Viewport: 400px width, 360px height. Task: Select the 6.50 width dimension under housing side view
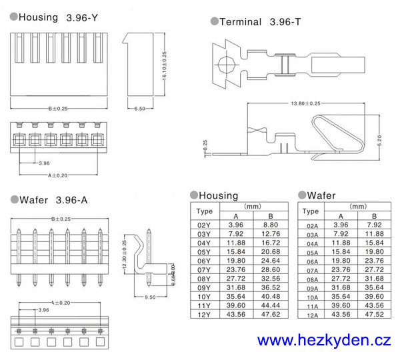(x=140, y=107)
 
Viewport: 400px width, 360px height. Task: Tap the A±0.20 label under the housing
(x=58, y=175)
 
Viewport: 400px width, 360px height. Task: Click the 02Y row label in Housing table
(x=204, y=226)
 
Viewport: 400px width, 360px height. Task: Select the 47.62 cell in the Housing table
(x=271, y=314)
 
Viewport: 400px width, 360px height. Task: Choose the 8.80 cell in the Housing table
(x=271, y=226)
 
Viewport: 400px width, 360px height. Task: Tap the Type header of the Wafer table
(x=311, y=211)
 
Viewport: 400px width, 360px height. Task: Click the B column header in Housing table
(x=271, y=216)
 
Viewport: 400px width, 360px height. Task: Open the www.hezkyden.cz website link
(x=324, y=341)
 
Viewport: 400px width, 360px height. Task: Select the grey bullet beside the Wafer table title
(x=301, y=195)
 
